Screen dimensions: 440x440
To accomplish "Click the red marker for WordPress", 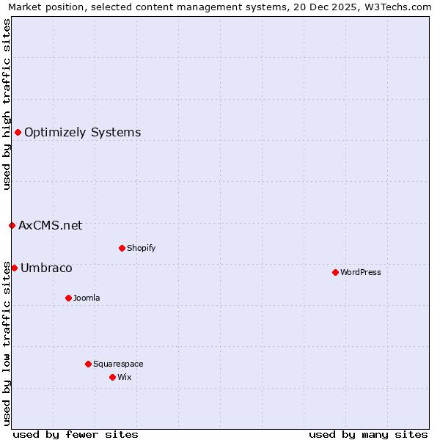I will pyautogui.click(x=335, y=272).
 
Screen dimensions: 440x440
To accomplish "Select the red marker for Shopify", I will pyautogui.click(x=122, y=248).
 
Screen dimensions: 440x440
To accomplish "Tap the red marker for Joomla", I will pyautogui.click(x=68, y=298).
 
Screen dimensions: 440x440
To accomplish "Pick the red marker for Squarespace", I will pyautogui.click(x=88, y=364).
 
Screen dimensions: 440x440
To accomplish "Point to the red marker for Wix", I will pyautogui.click(x=112, y=377).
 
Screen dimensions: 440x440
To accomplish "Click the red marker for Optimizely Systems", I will pyautogui.click(x=18, y=132).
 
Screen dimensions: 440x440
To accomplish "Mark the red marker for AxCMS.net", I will pyautogui.click(x=12, y=225).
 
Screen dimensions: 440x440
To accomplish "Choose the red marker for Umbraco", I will pyautogui.click(x=14, y=268).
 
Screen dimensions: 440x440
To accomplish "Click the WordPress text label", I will pyautogui.click(x=361, y=272).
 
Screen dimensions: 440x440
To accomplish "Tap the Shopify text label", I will pyautogui.click(x=142, y=248).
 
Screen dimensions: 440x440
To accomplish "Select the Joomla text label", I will pyautogui.click(x=87, y=298).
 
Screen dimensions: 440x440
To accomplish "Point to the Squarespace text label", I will pyautogui.click(x=118, y=364).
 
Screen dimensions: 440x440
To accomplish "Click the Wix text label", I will pyautogui.click(x=125, y=377).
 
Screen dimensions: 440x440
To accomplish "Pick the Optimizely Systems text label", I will pyautogui.click(x=83, y=133).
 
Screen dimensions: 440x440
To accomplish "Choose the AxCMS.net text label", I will pyautogui.click(x=51, y=226).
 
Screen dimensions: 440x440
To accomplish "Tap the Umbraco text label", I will pyautogui.click(x=46, y=268).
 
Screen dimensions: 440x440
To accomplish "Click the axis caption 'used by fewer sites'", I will pyautogui.click(x=76, y=434).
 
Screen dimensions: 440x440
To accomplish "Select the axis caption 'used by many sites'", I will pyautogui.click(x=368, y=434).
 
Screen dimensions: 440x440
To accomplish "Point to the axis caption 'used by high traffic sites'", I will pyautogui.click(x=7, y=104).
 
